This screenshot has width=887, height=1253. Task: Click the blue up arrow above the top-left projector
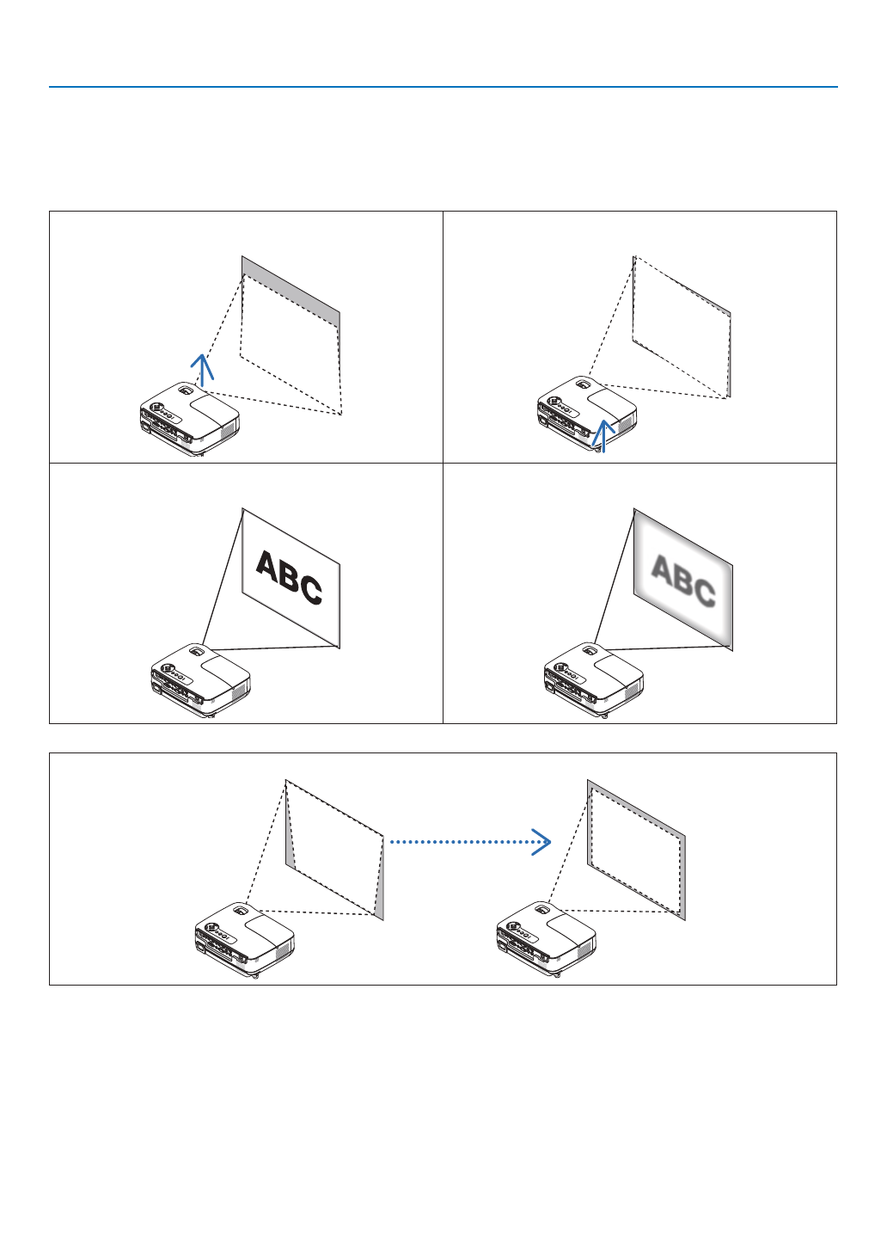202,369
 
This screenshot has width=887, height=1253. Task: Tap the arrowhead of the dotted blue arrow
541,842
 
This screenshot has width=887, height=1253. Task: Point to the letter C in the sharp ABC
311,591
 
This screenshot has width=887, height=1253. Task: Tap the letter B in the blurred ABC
682,580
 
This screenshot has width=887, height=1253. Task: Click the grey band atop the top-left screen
291,292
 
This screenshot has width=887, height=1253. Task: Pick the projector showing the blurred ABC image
594,679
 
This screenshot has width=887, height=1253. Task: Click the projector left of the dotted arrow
245,939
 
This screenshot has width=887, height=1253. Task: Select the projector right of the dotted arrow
547,938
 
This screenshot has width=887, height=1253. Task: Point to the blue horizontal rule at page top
443,87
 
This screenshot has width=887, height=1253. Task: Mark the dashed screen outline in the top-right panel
682,328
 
